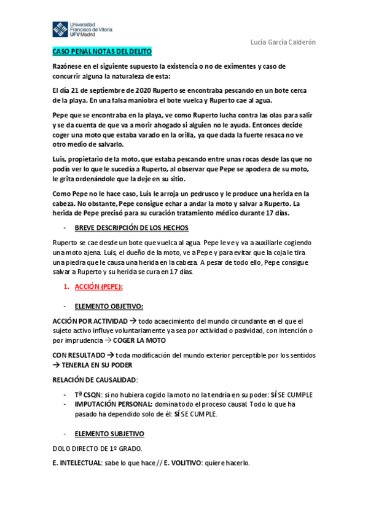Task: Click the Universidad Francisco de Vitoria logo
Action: pyautogui.click(x=81, y=29)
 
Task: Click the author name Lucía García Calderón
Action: pyautogui.click(x=284, y=42)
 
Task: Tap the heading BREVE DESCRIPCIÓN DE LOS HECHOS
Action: pyautogui.click(x=128, y=228)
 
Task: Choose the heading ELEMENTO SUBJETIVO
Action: pyautogui.click(x=109, y=433)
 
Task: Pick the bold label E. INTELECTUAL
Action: pyautogui.click(x=77, y=463)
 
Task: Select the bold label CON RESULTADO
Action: pyautogui.click(x=78, y=355)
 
